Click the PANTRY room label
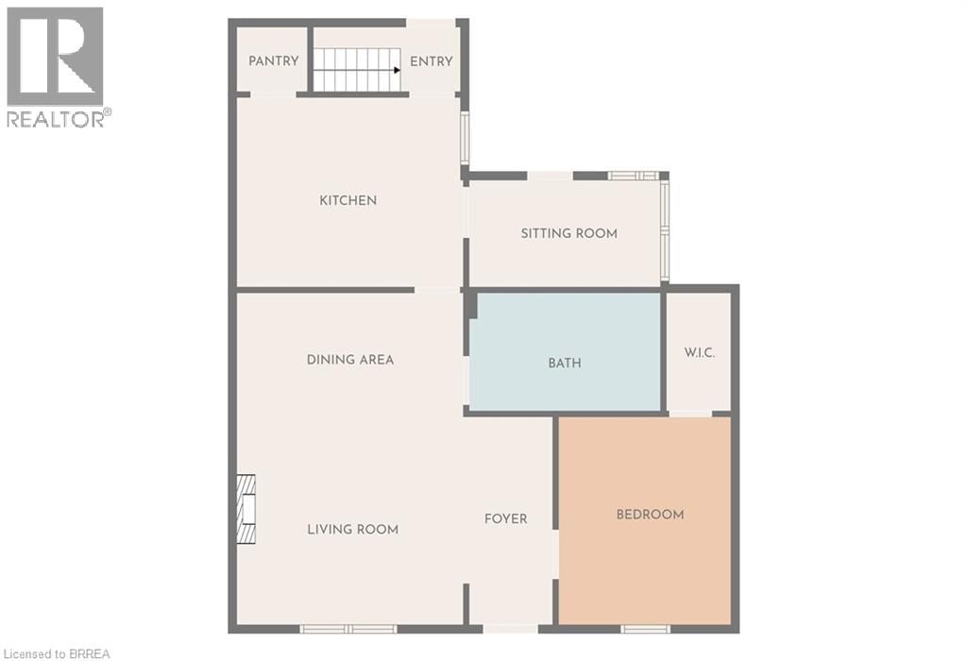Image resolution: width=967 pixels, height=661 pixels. point(274,61)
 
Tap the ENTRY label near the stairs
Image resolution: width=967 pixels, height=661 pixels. point(432,61)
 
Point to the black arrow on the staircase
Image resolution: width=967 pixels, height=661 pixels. point(397,70)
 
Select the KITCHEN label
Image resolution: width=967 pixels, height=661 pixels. point(348,200)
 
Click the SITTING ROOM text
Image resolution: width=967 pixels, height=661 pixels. point(569,233)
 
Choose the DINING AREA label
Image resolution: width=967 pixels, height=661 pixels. point(350,360)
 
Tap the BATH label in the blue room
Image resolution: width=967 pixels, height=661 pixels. point(565,363)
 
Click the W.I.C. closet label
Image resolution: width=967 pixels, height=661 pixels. point(699,353)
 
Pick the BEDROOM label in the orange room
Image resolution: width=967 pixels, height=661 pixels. point(650,515)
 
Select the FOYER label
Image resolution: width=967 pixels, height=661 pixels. point(506,518)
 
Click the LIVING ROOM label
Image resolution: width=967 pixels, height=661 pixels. point(353,530)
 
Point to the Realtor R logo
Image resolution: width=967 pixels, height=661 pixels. point(55,57)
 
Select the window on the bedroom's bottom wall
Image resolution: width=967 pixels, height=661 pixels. point(646,629)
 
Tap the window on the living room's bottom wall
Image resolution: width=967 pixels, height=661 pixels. point(348,629)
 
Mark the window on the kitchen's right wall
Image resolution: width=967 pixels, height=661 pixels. point(465,139)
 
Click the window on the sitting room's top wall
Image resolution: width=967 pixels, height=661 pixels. point(633,176)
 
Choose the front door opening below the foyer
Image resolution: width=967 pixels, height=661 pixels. point(510,629)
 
